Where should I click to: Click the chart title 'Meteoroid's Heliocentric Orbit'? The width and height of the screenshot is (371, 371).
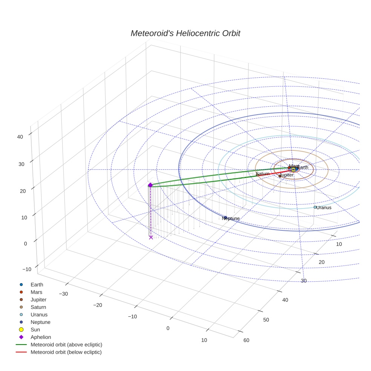[x=185, y=34]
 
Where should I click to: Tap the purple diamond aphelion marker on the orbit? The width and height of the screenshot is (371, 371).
[x=150, y=185]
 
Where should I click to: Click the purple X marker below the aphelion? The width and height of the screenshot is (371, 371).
[x=151, y=237]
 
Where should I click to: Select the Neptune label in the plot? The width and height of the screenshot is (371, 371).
[x=231, y=218]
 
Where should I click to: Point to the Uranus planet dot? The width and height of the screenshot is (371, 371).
[x=315, y=207]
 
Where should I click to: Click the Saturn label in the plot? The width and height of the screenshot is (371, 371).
[x=262, y=174]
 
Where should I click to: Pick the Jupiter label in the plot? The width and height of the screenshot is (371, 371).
[x=287, y=175]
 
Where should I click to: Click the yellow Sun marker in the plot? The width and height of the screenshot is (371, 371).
[x=293, y=170]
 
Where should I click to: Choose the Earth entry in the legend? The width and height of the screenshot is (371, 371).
[x=37, y=285]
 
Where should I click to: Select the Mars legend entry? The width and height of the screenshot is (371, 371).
[x=36, y=292]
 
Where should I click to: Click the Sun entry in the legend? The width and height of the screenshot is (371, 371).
[x=35, y=330]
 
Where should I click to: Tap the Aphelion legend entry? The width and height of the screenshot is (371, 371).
[x=40, y=337]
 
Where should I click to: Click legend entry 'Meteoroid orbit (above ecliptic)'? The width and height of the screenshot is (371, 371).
[x=66, y=345]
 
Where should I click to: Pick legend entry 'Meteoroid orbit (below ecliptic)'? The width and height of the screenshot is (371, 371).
[x=66, y=352]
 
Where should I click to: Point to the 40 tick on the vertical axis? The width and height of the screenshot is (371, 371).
[x=20, y=137]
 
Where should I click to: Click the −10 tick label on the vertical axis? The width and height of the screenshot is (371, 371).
[x=26, y=269]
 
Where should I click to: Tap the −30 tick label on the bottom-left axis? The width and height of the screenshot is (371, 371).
[x=63, y=294]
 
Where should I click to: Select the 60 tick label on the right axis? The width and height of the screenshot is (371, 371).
[x=246, y=340]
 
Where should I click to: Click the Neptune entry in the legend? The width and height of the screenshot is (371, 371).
[x=40, y=322]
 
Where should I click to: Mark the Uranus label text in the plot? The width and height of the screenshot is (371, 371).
[x=324, y=208]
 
